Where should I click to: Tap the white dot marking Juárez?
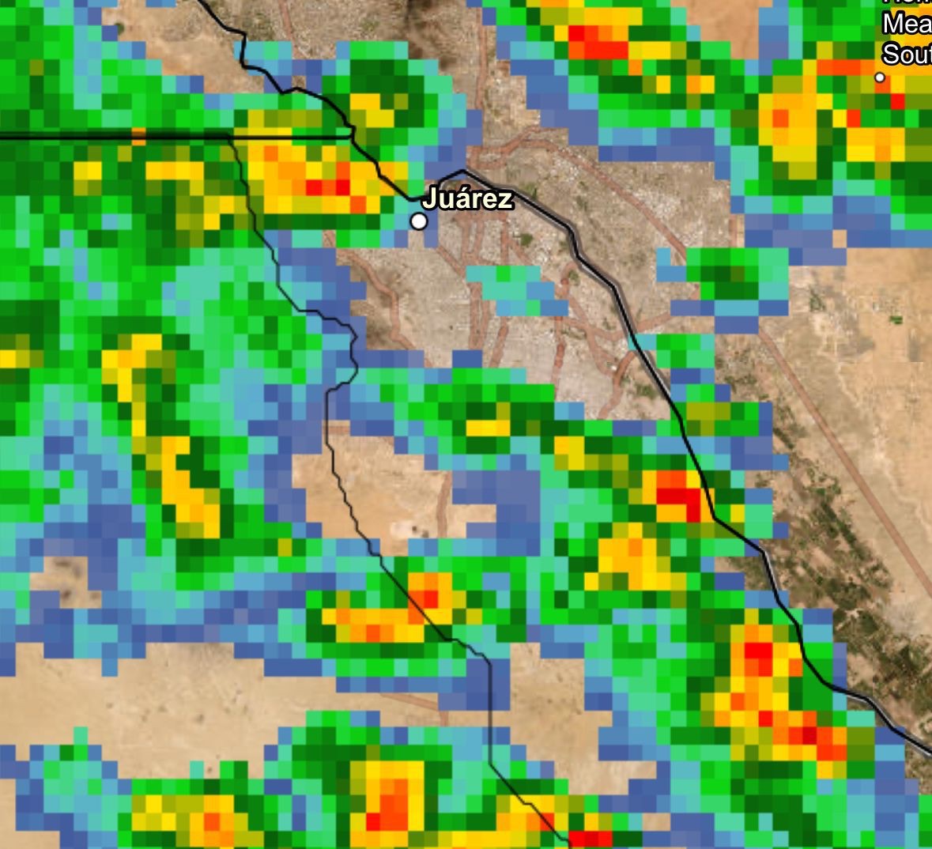coord(419,221)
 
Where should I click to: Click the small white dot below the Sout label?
coord(879,77)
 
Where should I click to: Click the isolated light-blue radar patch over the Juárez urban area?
coord(518,289)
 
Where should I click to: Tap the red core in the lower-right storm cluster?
coord(759,656)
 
